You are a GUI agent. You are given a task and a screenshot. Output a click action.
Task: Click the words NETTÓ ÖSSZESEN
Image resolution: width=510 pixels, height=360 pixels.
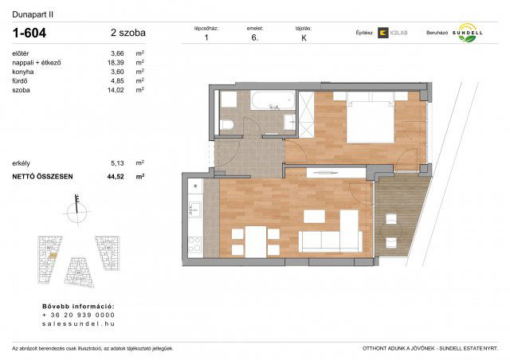pyautogui.click(x=42, y=176)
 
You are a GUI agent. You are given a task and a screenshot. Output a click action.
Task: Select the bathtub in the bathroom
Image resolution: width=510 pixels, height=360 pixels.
pyautogui.click(x=272, y=101)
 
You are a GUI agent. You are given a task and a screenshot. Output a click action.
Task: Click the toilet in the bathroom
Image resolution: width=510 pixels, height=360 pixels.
pyautogui.click(x=227, y=123)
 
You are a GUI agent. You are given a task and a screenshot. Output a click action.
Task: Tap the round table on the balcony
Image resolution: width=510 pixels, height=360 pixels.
pyautogui.click(x=391, y=232)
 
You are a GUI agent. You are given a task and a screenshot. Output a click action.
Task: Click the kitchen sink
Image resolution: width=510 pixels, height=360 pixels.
pyautogui.click(x=193, y=209)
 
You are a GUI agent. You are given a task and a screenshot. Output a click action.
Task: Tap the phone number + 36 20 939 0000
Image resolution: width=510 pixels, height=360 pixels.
pyautogui.click(x=76, y=315)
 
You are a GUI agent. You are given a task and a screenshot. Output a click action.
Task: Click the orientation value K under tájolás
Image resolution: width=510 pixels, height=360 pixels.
pyautogui.click(x=304, y=37)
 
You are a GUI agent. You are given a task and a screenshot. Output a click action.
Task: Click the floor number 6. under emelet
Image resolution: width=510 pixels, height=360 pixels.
pyautogui.click(x=255, y=37)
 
